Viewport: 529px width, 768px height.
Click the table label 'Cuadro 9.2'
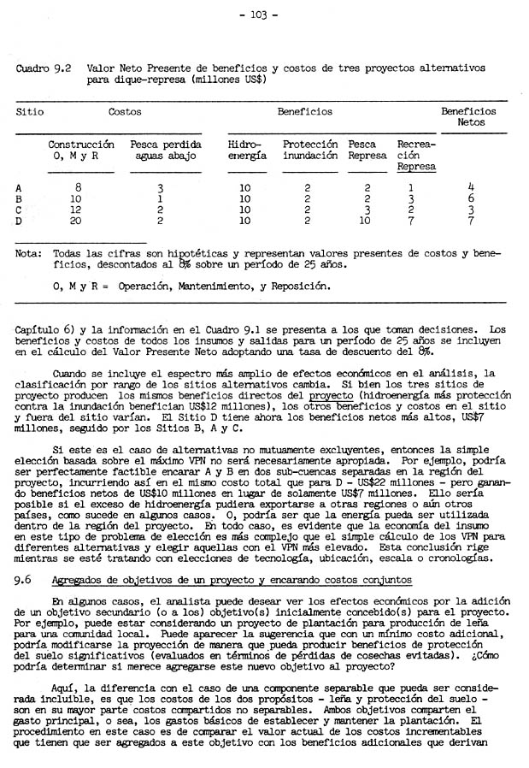coord(44,68)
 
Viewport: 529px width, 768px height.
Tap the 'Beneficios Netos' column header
coord(468,117)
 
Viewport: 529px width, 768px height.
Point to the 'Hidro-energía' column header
coord(247,151)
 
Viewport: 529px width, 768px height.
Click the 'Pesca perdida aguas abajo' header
coord(165,151)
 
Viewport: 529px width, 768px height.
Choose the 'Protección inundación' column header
coord(309,151)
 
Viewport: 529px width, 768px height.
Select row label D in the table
coord(20,222)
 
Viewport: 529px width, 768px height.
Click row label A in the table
coord(20,187)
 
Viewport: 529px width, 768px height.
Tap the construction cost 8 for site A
coord(79,187)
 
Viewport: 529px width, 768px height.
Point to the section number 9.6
coord(24,580)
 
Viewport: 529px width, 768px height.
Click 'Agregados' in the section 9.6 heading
coord(77,580)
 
